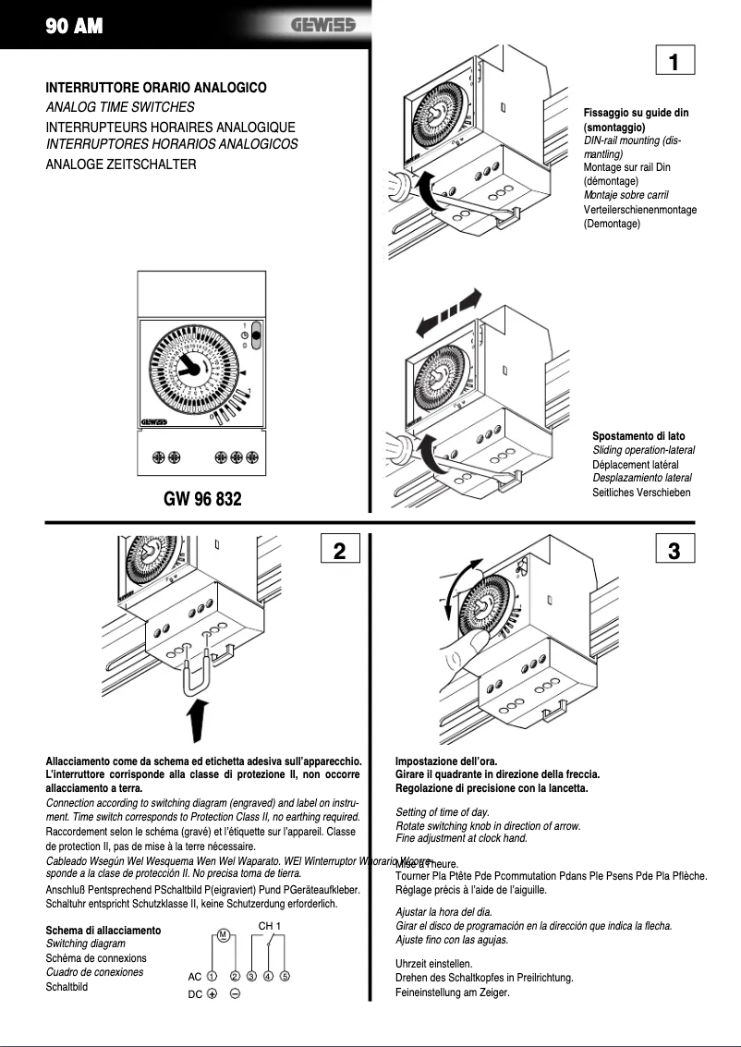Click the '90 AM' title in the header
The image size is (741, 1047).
click(x=74, y=27)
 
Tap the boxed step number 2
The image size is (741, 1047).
click(x=339, y=551)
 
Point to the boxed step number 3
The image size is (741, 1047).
click(x=674, y=551)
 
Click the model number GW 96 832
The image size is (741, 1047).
click(x=202, y=499)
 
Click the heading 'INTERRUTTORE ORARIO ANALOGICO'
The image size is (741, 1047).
click(x=156, y=88)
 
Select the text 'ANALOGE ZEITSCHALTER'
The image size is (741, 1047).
click(x=121, y=164)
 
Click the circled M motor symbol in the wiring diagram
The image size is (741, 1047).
click(x=223, y=934)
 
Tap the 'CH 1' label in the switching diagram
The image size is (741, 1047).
click(x=269, y=925)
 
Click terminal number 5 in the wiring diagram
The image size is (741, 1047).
click(x=285, y=976)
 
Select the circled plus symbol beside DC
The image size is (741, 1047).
click(x=212, y=994)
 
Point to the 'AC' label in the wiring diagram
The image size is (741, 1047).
click(x=194, y=977)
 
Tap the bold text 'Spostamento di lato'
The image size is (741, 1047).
click(x=638, y=436)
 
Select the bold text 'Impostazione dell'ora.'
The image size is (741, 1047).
click(x=446, y=761)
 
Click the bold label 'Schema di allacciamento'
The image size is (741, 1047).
click(x=103, y=930)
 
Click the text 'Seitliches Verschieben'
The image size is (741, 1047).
click(x=641, y=493)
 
